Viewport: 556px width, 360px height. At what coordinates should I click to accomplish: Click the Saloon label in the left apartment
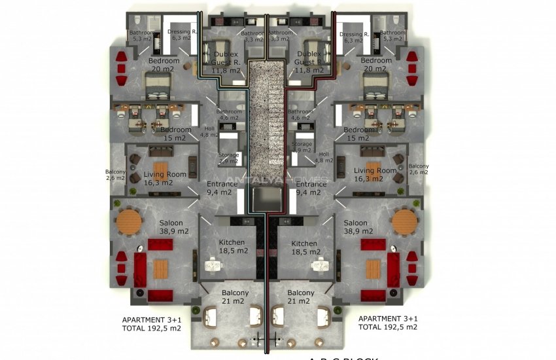pos(171,223)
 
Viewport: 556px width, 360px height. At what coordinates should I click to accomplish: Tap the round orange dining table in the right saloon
pos(404,222)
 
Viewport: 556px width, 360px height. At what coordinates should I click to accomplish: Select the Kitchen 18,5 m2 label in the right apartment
pos(304,247)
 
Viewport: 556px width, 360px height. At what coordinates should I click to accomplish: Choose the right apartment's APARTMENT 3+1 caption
pos(388,319)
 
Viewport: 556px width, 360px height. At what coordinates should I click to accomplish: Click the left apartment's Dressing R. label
pos(182,35)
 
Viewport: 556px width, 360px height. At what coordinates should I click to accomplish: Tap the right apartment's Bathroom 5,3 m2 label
pos(393,35)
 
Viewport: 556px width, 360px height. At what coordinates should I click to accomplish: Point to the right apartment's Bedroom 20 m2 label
pos(376,65)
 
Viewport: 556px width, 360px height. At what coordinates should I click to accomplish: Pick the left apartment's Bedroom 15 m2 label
pos(175,134)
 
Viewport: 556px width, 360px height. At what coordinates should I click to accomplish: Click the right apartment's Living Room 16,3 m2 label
pos(375,175)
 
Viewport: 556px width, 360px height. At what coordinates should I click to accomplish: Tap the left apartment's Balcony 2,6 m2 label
pos(114,175)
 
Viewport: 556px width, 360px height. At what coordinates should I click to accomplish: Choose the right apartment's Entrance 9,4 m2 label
pos(310,189)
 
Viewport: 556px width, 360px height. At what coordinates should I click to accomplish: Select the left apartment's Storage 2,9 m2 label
pos(229,158)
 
